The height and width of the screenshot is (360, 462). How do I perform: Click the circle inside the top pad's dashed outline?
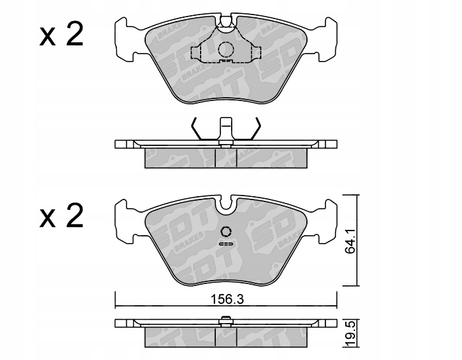tap(226, 49)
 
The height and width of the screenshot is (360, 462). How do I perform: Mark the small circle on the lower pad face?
tap(225, 231)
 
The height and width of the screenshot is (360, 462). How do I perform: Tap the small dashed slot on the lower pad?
tap(226, 244)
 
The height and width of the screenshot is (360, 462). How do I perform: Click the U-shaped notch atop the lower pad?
tap(226, 205)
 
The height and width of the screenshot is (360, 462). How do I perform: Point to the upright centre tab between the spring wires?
tap(226, 127)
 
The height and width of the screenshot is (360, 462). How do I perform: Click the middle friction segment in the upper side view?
tap(226, 157)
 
